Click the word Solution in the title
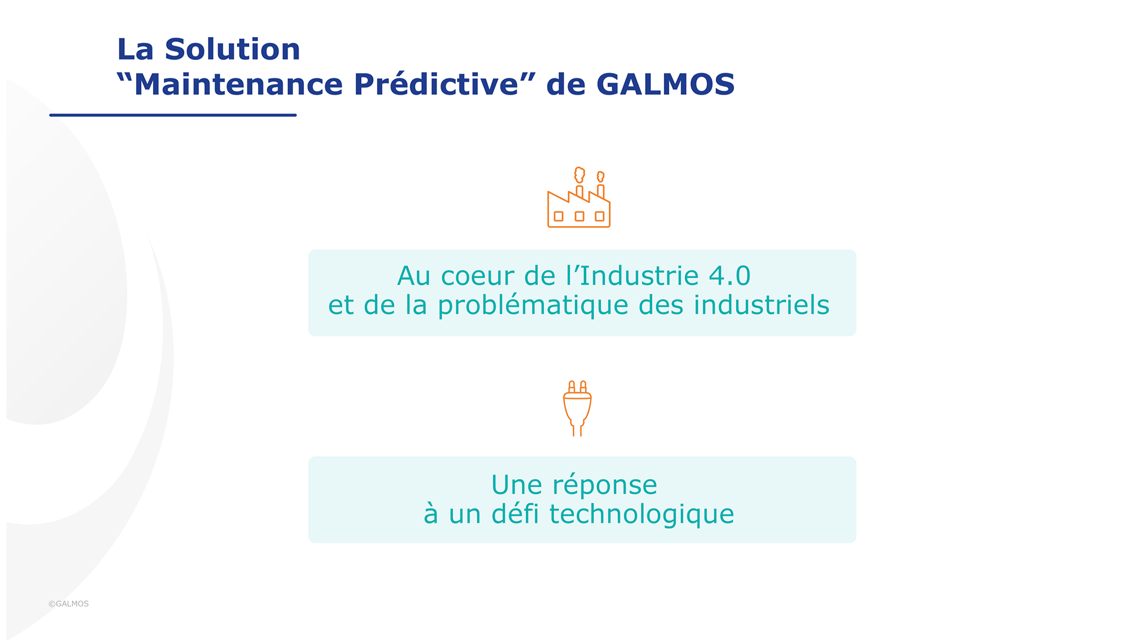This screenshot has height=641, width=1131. coord(233,49)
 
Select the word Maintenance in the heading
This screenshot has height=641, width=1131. coord(239,84)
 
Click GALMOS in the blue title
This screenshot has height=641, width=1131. coord(666,84)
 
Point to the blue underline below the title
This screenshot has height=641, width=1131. coord(173,115)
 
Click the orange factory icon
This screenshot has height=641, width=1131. coord(579,197)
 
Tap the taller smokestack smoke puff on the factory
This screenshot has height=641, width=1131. coord(580,175)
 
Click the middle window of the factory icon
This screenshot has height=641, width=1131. coord(580,217)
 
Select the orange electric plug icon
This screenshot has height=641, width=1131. coord(577,408)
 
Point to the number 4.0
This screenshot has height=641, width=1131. coord(730,276)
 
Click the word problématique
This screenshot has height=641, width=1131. coord(533,306)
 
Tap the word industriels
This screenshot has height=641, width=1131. coord(762,305)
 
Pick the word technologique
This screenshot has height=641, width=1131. coord(642,515)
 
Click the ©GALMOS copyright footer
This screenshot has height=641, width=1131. coord(68,604)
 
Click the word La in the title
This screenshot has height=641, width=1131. coord(135,49)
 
